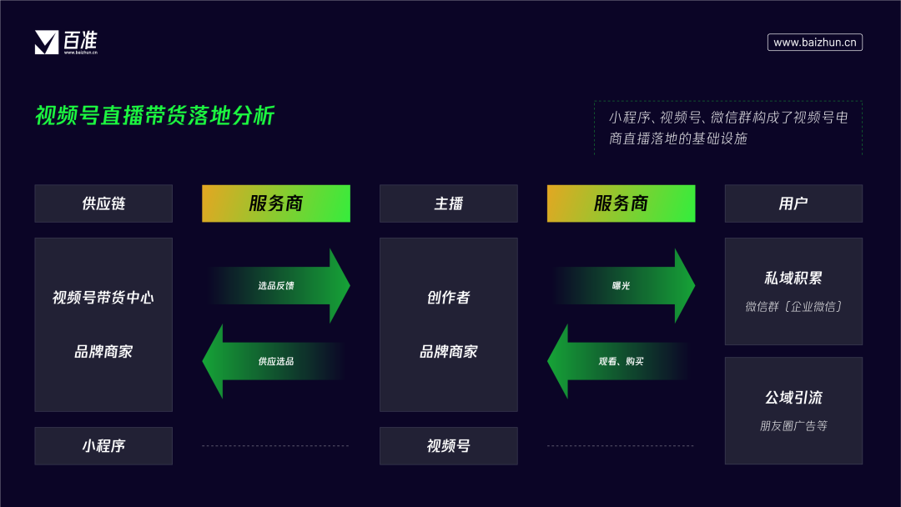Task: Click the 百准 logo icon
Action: (47, 42)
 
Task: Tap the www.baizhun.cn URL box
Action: (814, 42)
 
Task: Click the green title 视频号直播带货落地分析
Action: (154, 116)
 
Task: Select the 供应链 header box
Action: (103, 203)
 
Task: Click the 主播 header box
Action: (448, 203)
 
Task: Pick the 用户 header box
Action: (793, 203)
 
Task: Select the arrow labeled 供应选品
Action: (275, 361)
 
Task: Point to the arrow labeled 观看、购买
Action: (621, 361)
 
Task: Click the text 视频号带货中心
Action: (103, 298)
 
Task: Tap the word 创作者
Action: (448, 298)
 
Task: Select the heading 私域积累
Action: (793, 279)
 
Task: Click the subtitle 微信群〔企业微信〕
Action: (793, 307)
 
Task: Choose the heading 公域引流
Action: (793, 398)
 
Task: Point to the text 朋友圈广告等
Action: (793, 426)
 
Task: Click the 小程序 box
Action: (103, 446)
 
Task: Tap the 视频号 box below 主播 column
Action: (448, 446)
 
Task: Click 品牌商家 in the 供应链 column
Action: (103, 352)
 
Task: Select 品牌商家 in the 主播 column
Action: (448, 352)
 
